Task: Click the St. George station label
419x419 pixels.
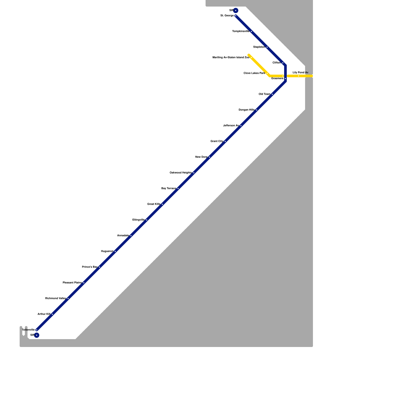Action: pyautogui.click(x=227, y=16)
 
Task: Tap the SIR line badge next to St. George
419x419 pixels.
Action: pyautogui.click(x=236, y=10)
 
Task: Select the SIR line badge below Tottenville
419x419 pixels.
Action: pyautogui.click(x=37, y=335)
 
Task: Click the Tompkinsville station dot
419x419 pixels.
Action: pyautogui.click(x=251, y=31)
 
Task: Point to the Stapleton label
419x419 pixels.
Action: pyautogui.click(x=259, y=47)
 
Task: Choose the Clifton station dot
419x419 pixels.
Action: pyautogui.click(x=283, y=63)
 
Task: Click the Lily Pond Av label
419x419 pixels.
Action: pyautogui.click(x=300, y=73)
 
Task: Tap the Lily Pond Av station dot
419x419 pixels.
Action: pyautogui.click(x=299, y=76)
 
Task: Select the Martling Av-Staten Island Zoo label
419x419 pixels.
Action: pyautogui.click(x=231, y=58)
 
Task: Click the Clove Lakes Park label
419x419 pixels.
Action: pyautogui.click(x=254, y=73)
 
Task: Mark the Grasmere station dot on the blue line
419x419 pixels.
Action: pyautogui.click(x=285, y=79)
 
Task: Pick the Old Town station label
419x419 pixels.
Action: pyautogui.click(x=264, y=94)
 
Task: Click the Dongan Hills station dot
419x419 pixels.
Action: pyautogui.click(x=257, y=110)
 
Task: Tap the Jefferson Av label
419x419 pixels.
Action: pyautogui.click(x=231, y=126)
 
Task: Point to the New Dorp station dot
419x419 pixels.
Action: pyautogui.click(x=210, y=157)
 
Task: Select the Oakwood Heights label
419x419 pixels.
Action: pyautogui.click(x=180, y=173)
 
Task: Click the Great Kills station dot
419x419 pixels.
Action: pyautogui.click(x=162, y=204)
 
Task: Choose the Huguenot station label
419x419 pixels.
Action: pyautogui.click(x=107, y=251)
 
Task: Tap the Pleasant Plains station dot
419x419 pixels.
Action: pyautogui.click(x=84, y=283)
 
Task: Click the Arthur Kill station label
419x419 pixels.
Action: pyautogui.click(x=44, y=314)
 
